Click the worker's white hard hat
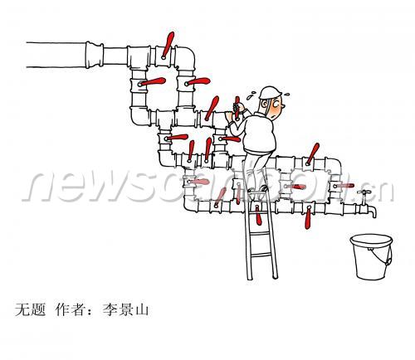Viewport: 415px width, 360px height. click(x=270, y=92)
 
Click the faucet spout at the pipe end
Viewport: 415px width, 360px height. click(x=373, y=211)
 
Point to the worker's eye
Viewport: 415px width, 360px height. click(x=276, y=105)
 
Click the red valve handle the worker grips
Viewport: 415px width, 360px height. click(x=237, y=108)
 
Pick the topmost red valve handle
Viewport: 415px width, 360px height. click(x=168, y=45)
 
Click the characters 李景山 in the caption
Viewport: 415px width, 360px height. click(x=126, y=309)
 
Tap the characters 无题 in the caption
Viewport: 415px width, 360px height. click(x=31, y=309)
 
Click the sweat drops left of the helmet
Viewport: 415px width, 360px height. click(x=251, y=95)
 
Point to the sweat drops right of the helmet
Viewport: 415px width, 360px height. click(x=286, y=94)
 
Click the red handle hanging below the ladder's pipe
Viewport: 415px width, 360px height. click(x=258, y=215)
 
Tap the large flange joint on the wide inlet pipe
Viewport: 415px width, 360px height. click(x=94, y=55)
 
